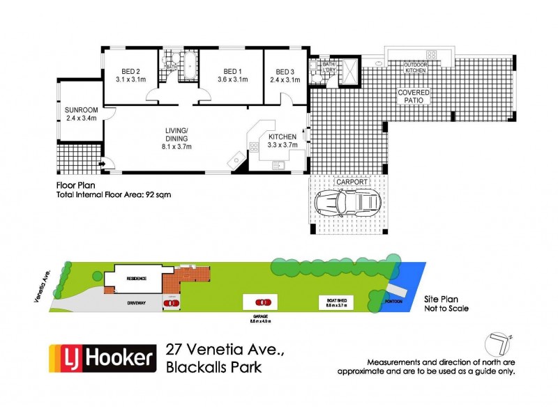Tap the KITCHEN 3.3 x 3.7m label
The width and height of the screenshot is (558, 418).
[282, 141]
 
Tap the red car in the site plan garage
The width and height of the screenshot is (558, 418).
[263, 303]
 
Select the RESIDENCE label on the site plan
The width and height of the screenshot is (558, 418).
[137, 279]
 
